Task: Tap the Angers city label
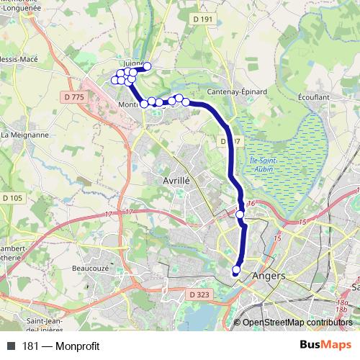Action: pyautogui.click(x=269, y=276)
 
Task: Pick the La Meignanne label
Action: pyautogui.click(x=25, y=134)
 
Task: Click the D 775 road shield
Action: pyautogui.click(x=74, y=96)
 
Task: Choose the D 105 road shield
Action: pyautogui.click(x=13, y=197)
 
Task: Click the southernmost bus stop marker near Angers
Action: pyautogui.click(x=236, y=270)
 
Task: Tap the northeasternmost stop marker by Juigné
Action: pyautogui.click(x=148, y=67)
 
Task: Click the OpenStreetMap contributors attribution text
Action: pyautogui.click(x=297, y=323)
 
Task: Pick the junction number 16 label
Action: pyautogui.click(x=251, y=204)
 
